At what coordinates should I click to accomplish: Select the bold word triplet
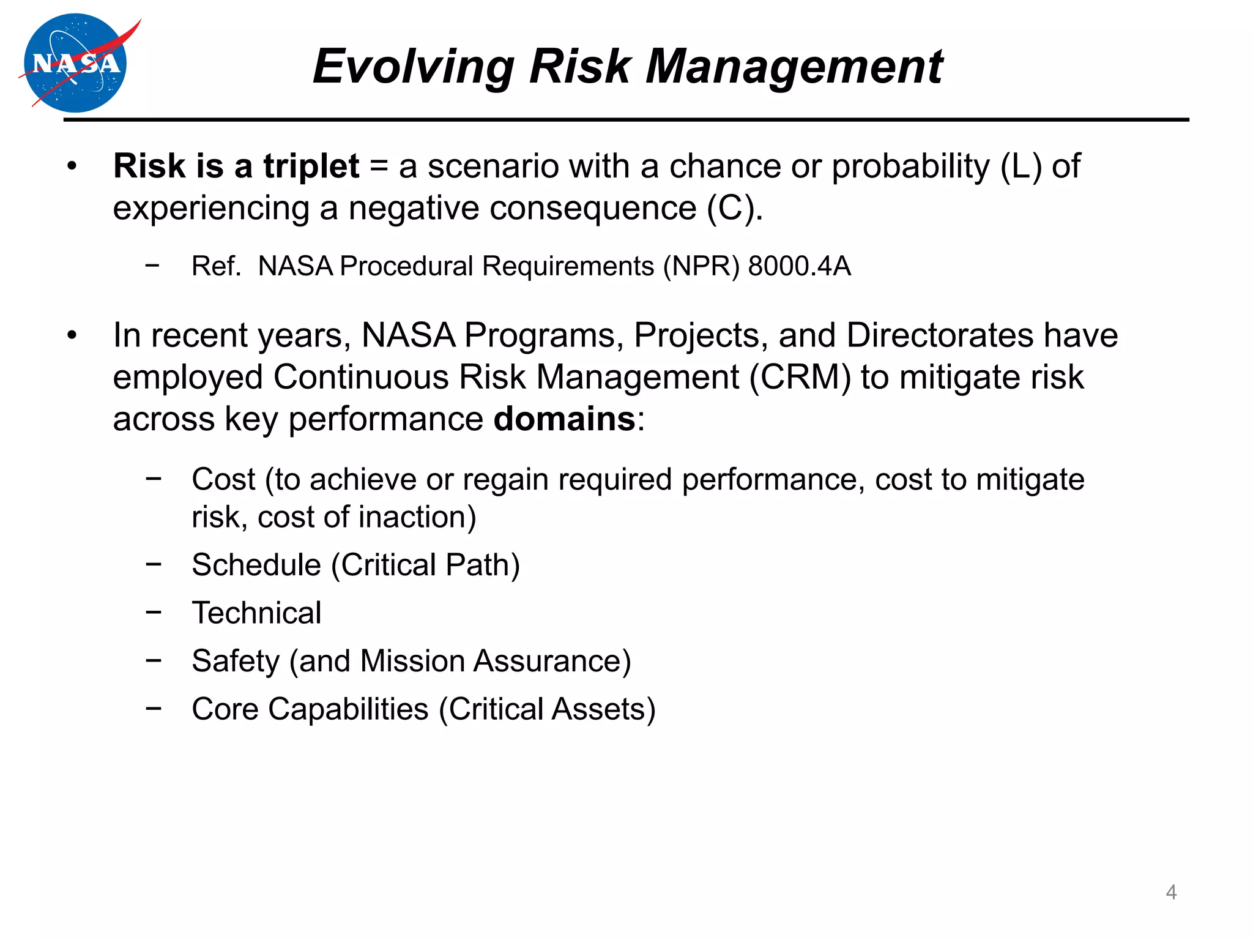click(311, 166)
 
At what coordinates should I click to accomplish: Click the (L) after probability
click(1021, 166)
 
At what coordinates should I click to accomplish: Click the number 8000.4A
click(799, 266)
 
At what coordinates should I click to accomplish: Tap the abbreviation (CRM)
click(800, 377)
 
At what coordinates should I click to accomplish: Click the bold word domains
click(564, 419)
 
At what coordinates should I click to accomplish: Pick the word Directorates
click(939, 335)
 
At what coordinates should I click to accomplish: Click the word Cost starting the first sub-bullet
click(223, 479)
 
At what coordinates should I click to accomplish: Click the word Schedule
click(256, 565)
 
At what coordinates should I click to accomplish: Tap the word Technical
click(256, 613)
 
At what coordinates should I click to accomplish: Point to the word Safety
click(236, 661)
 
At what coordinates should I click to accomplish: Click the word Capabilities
click(348, 709)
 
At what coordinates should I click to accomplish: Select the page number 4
click(1170, 892)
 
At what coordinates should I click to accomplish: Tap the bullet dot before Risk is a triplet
click(72, 166)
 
